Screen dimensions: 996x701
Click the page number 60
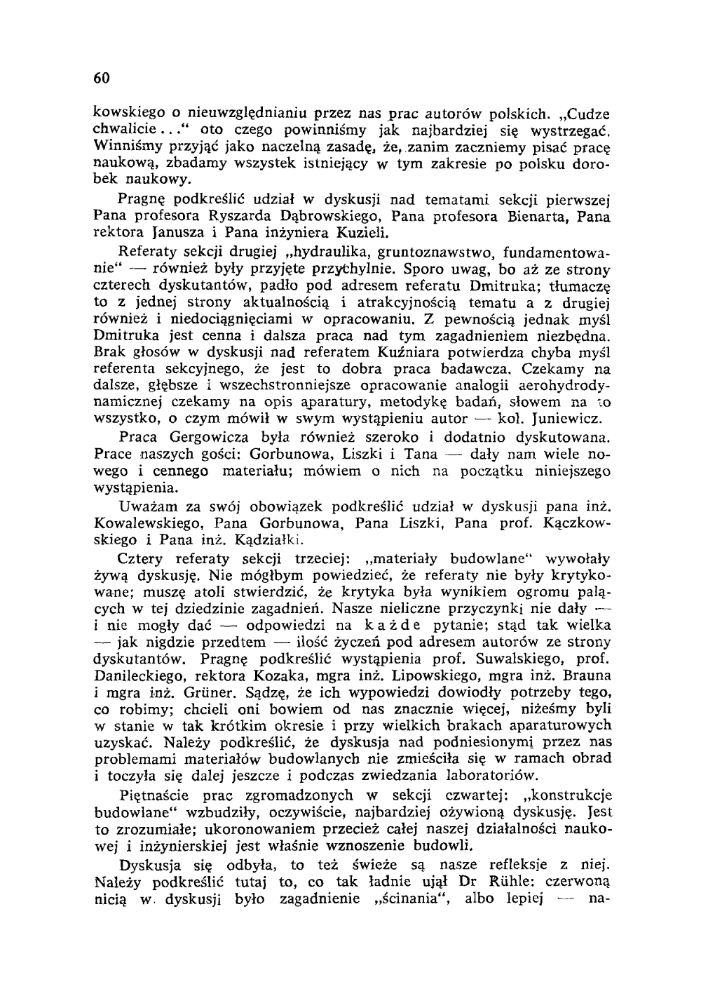[102, 77]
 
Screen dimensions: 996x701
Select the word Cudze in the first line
[588, 114]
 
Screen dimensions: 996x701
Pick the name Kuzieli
[362, 231]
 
